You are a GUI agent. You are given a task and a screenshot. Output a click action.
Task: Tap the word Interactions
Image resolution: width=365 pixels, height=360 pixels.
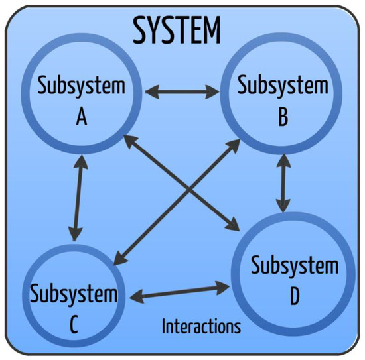coord(201,326)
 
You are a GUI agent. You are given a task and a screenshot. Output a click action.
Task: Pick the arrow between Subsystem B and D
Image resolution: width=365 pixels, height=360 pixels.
coord(284,182)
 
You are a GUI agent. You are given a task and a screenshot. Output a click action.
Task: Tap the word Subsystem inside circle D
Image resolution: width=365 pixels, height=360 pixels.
coord(295,267)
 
